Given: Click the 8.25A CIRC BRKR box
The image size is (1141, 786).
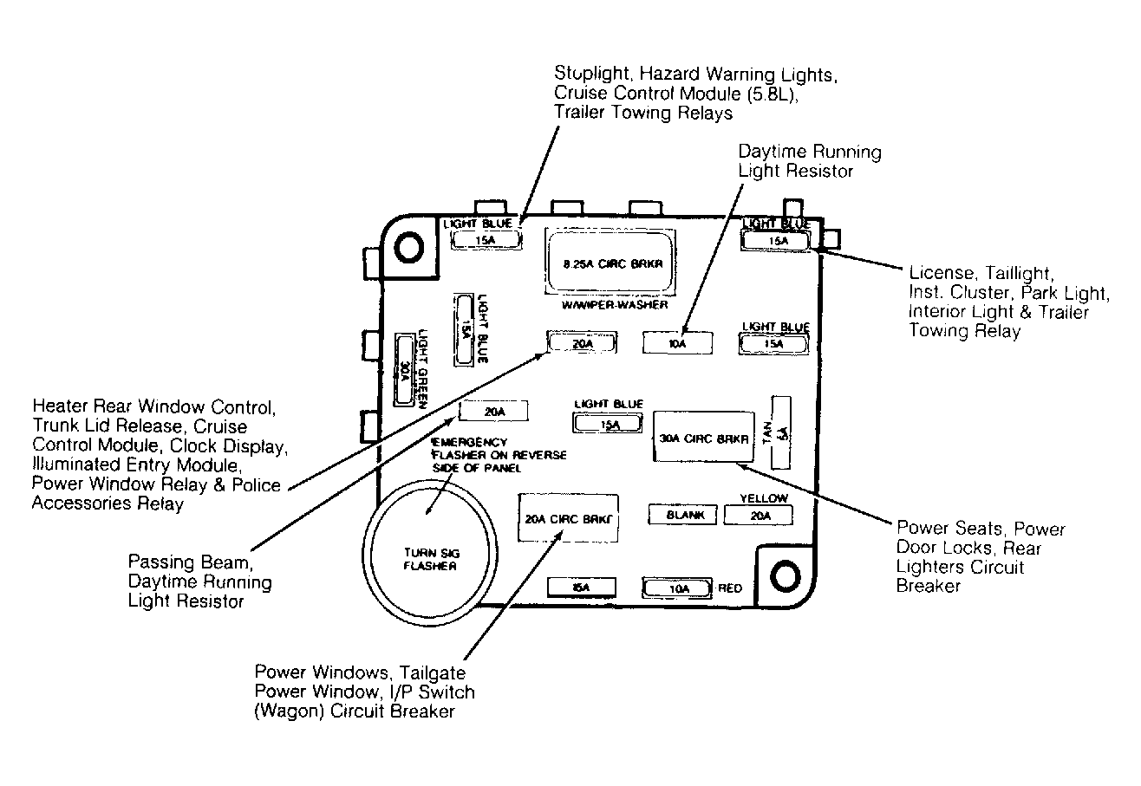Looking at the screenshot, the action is [610, 262].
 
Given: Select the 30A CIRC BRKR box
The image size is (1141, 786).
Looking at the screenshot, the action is [703, 437].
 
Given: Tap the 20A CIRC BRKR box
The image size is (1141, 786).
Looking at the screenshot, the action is [569, 517].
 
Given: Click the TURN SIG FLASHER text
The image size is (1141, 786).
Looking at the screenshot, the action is [431, 559].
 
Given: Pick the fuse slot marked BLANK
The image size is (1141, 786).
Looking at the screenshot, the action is [682, 515].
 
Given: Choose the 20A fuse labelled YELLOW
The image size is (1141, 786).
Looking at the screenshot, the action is [759, 515].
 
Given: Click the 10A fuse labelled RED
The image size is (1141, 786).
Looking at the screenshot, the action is [677, 588].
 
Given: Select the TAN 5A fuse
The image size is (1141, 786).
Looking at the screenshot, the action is [781, 432].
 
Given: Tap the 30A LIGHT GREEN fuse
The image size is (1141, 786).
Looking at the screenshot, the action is [404, 369].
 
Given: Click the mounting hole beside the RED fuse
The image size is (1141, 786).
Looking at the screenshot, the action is [785, 575].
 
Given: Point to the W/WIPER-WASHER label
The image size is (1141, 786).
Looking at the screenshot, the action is [615, 304].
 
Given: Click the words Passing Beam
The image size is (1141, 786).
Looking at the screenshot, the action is [191, 562].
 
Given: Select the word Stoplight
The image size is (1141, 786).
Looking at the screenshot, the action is [592, 74].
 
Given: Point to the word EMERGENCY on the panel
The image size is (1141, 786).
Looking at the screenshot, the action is [470, 442].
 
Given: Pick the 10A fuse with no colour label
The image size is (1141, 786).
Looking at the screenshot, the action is [677, 343].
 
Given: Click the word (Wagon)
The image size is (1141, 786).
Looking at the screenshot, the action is [290, 711].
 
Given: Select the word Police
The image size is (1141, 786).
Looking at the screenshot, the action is [256, 484].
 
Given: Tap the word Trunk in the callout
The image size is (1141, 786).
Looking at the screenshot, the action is [55, 425].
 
